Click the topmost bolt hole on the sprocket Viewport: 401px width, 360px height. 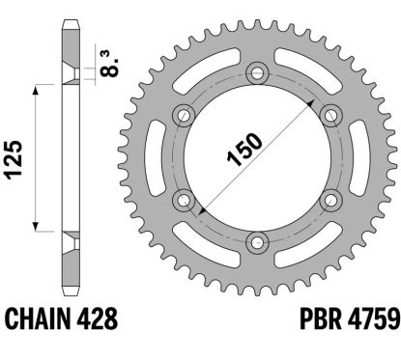256,71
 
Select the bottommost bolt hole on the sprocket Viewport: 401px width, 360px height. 256,240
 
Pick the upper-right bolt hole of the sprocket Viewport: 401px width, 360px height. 329,114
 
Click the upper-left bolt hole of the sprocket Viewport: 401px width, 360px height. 183,114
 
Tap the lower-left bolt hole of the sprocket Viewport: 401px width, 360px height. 183,199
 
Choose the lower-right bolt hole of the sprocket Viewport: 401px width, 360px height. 329,199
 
